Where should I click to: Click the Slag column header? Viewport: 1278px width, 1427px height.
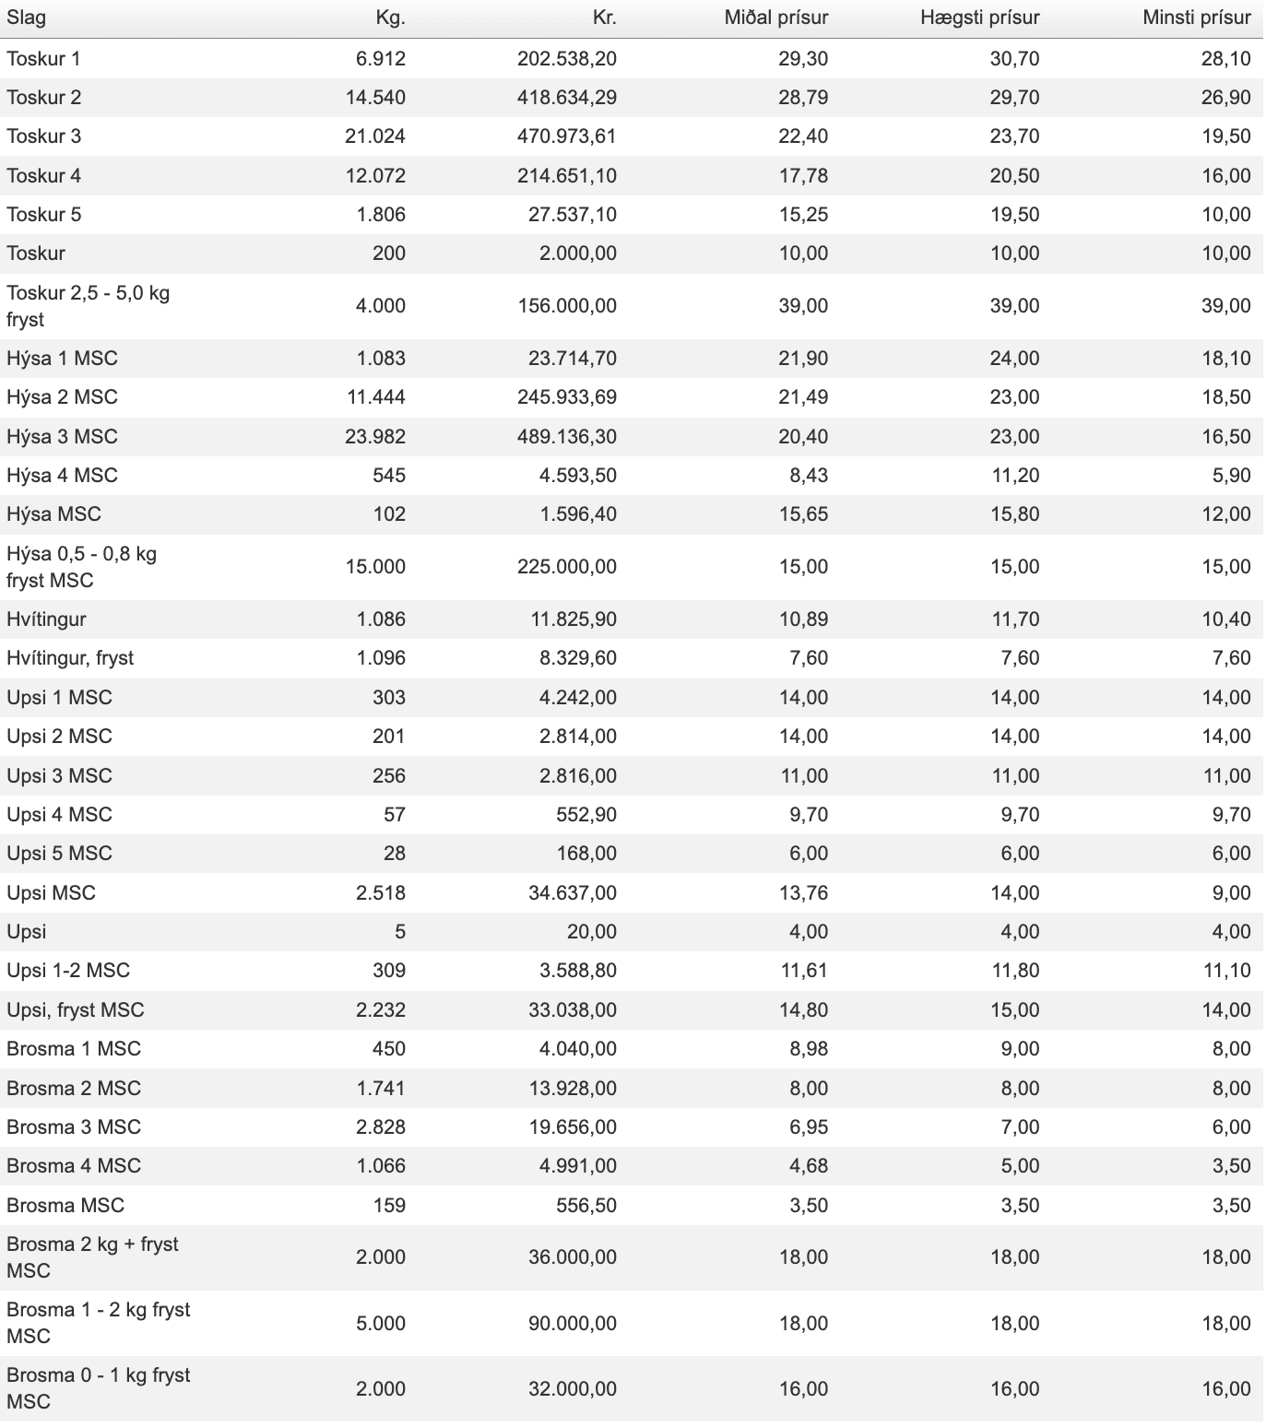tap(26, 18)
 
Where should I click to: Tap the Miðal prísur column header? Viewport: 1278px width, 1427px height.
tap(775, 18)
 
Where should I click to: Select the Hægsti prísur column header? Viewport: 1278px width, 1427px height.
tap(979, 18)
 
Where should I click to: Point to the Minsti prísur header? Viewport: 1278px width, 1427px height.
tap(1196, 18)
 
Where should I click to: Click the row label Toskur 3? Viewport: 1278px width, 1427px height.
tap(44, 136)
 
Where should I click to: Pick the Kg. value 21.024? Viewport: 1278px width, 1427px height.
tap(375, 136)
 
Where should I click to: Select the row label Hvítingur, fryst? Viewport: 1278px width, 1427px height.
tap(70, 658)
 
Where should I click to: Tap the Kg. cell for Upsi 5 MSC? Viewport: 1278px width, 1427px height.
tap(395, 854)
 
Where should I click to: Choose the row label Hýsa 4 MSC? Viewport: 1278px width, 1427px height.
tap(63, 476)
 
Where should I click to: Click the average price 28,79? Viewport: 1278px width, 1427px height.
tap(803, 98)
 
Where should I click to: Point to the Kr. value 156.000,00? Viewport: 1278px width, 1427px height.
tap(567, 306)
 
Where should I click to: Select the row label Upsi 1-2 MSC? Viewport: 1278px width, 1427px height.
tap(68, 971)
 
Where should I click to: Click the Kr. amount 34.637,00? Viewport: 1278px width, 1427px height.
tap(573, 893)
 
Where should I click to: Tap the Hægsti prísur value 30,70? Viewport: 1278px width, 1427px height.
tap(1014, 59)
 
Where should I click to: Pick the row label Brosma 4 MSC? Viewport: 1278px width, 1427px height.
tap(74, 1166)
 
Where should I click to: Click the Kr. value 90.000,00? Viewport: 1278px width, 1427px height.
tap(573, 1323)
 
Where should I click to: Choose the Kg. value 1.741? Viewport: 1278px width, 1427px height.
tap(381, 1088)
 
